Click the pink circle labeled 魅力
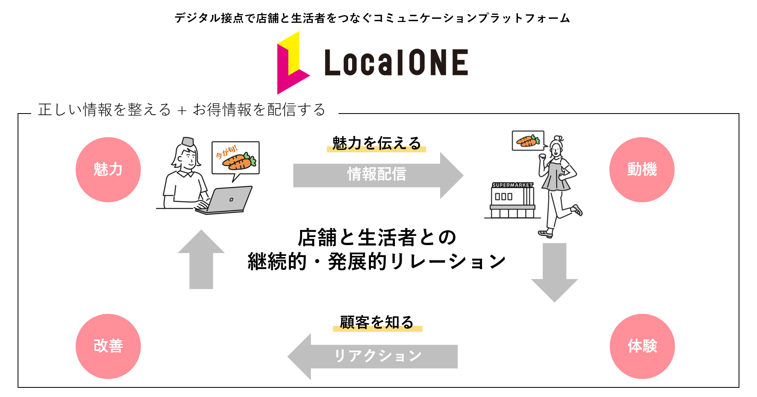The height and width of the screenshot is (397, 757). pyautogui.click(x=108, y=170)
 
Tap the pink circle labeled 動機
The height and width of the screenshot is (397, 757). pyautogui.click(x=642, y=170)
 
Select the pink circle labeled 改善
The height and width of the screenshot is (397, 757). pyautogui.click(x=108, y=346)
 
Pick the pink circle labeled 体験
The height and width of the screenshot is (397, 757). pyautogui.click(x=642, y=346)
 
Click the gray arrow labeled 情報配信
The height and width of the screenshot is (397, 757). pyautogui.click(x=376, y=175)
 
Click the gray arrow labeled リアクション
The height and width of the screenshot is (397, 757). pyautogui.click(x=376, y=356)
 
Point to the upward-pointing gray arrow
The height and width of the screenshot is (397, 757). pyautogui.click(x=201, y=260)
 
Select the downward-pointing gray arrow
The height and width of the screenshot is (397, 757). pyautogui.click(x=555, y=272)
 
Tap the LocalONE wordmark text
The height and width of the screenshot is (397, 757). pyautogui.click(x=396, y=63)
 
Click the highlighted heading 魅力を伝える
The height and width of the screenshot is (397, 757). pyautogui.click(x=376, y=143)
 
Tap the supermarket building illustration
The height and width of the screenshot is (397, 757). pyautogui.click(x=512, y=200)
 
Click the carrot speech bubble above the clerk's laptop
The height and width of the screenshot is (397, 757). pyautogui.click(x=235, y=158)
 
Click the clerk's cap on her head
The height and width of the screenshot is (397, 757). pyautogui.click(x=188, y=142)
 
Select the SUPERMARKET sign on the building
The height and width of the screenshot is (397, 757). pyautogui.click(x=513, y=185)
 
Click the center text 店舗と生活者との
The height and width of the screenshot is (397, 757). pyautogui.click(x=377, y=237)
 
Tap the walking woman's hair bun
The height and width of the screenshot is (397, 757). pyautogui.click(x=559, y=138)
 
